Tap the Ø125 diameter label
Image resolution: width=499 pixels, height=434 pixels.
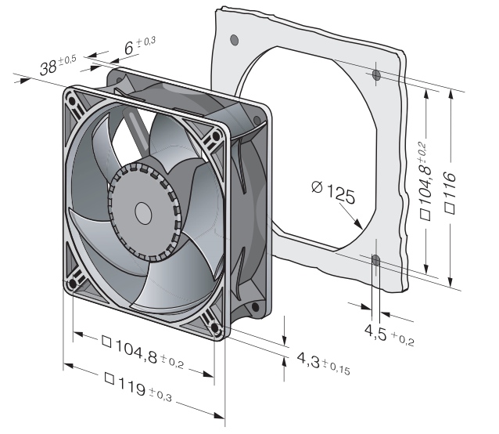332,190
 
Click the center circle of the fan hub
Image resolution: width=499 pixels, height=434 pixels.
143,212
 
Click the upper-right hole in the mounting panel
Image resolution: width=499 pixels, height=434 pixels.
376,75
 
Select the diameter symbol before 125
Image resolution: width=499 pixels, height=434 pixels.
316,187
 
